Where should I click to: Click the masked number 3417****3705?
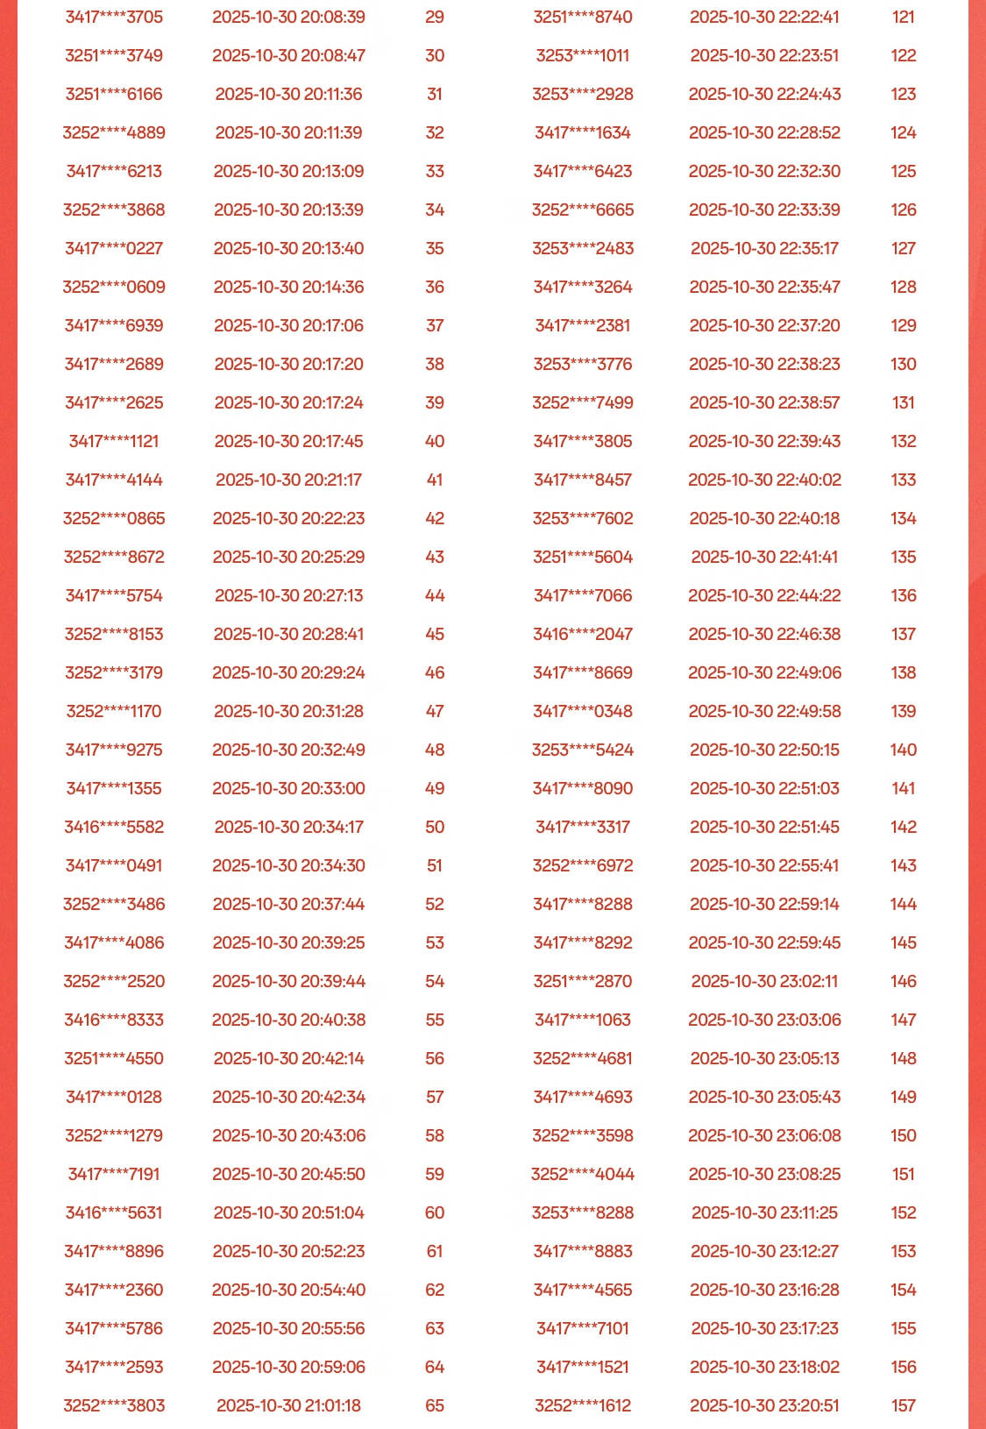114,17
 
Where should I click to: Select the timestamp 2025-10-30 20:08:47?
288,55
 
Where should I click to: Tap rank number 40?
435,441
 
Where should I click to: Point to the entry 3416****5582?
114,827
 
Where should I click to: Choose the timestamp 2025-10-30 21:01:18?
288,1405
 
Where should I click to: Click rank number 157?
903,1405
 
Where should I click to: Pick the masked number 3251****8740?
583,17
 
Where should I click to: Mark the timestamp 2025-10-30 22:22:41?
764,17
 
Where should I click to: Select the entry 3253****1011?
583,55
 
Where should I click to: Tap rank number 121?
903,17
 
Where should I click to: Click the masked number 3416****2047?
583,634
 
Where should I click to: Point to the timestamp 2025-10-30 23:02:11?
764,981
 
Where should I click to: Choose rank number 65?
435,1405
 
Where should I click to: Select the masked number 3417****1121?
114,441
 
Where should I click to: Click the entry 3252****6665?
583,210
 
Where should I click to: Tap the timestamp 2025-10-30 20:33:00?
288,788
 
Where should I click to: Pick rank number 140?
903,750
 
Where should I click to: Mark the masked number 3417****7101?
583,1328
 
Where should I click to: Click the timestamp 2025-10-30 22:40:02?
764,480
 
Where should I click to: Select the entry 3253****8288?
583,1212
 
